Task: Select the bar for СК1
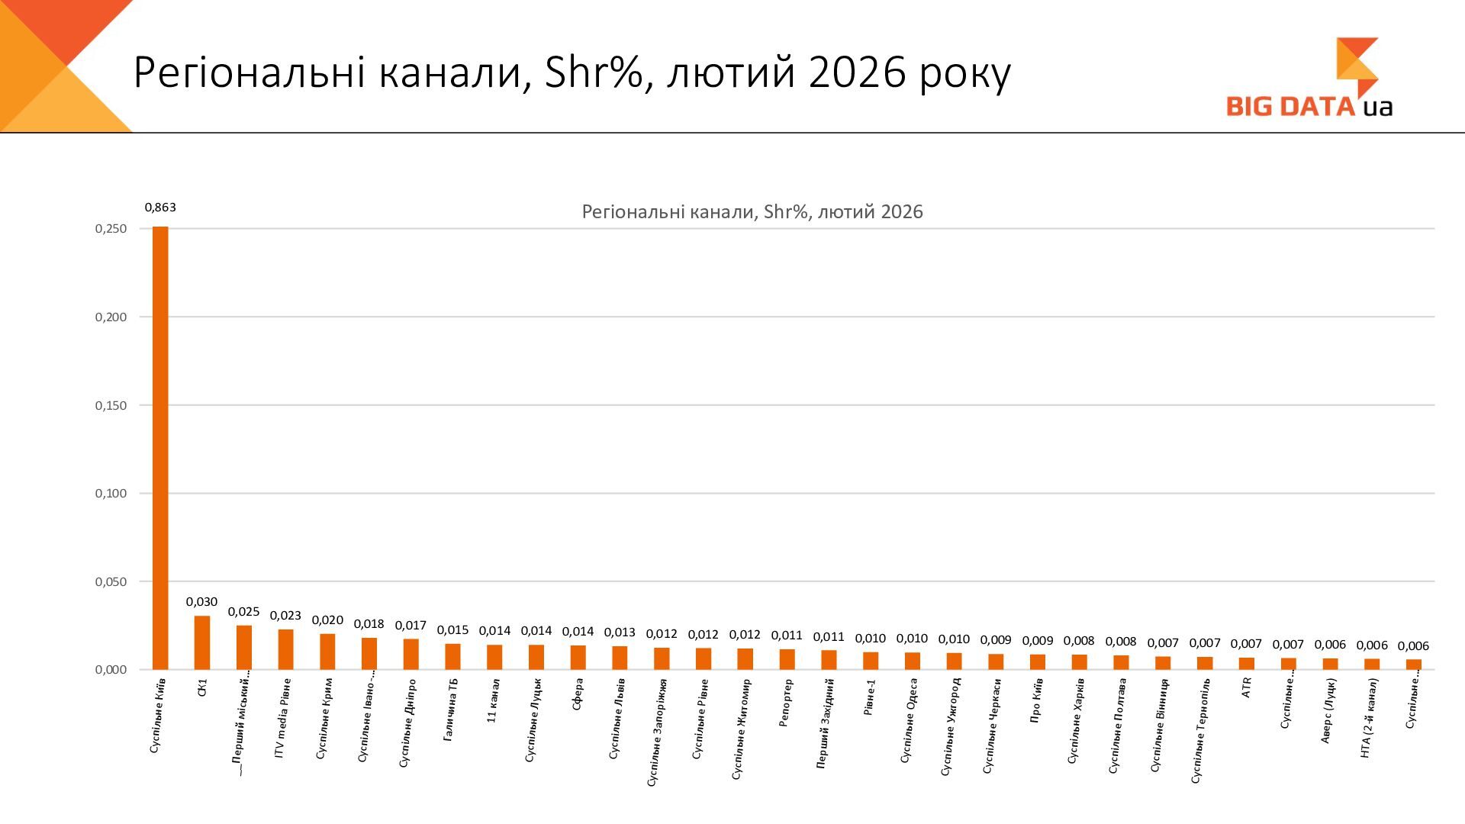(x=202, y=642)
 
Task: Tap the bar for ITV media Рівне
(x=285, y=649)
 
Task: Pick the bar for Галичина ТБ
(x=452, y=657)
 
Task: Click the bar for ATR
(x=1246, y=664)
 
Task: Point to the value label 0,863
(x=160, y=208)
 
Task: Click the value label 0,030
(x=202, y=602)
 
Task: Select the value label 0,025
(x=243, y=612)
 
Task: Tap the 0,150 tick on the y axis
(x=111, y=406)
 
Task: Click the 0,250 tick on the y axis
(x=111, y=229)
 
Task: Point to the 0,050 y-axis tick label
(x=111, y=582)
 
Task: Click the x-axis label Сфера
(x=578, y=694)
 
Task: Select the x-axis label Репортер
(x=786, y=703)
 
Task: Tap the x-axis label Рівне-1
(x=870, y=697)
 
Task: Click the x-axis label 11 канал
(x=494, y=700)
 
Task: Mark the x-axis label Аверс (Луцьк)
(x=1328, y=711)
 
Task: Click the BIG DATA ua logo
(x=1309, y=80)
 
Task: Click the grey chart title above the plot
(x=752, y=212)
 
